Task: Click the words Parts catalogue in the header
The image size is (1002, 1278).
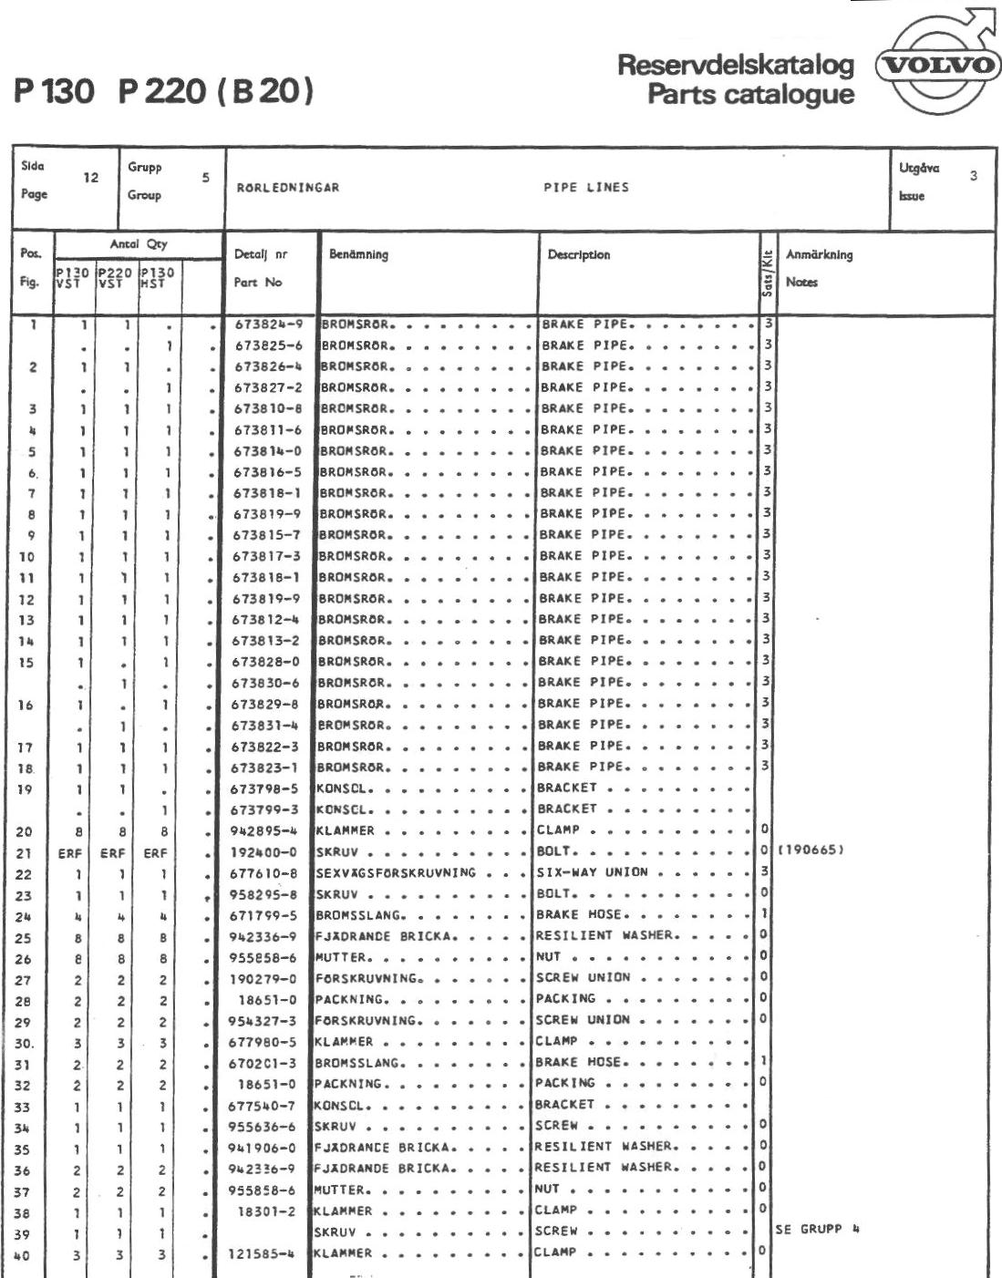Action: [750, 95]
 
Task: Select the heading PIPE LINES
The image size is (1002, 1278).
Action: [586, 188]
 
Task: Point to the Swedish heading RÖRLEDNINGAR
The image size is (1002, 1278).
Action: [287, 188]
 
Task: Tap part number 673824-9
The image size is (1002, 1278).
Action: [268, 325]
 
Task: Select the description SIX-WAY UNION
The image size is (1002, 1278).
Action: [592, 872]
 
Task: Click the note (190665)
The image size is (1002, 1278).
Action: [811, 851]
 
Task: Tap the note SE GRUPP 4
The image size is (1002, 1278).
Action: [818, 1230]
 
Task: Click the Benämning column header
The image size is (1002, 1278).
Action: [358, 255]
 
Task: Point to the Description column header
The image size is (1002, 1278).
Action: [579, 255]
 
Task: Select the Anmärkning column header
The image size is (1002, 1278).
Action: [819, 255]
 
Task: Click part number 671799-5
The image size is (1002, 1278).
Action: [265, 915]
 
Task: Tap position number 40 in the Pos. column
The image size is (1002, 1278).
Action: [26, 1254]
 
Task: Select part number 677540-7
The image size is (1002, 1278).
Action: [263, 1106]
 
